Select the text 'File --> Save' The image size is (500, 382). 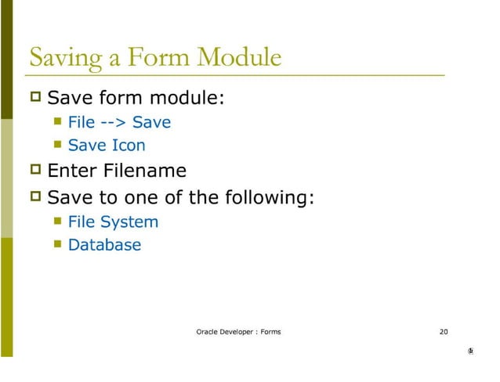tap(119, 122)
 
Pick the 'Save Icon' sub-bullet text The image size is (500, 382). tap(107, 145)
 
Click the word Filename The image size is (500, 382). tap(147, 171)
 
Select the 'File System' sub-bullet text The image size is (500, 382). tap(113, 222)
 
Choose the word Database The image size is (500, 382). tap(104, 244)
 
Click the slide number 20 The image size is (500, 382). tap(444, 332)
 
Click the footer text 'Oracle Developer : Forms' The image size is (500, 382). tap(238, 332)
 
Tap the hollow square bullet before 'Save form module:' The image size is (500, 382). tap(34, 99)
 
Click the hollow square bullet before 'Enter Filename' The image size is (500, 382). tap(34, 171)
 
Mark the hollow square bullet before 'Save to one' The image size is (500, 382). tap(34, 196)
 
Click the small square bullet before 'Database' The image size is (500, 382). tap(57, 244)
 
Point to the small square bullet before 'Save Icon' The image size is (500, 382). tap(57, 145)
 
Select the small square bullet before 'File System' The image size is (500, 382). tap(57, 222)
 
